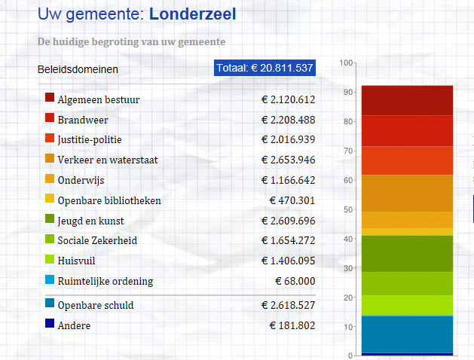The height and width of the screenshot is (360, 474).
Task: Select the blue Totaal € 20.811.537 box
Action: pyautogui.click(x=265, y=69)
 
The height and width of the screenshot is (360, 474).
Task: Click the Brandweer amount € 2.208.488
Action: pyautogui.click(x=288, y=120)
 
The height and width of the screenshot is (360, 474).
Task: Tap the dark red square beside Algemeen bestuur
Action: pyautogui.click(x=50, y=98)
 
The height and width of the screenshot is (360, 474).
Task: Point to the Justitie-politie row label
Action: pyautogui.click(x=89, y=139)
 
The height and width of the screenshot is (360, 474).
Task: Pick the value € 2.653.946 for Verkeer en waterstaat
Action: pyautogui.click(x=288, y=160)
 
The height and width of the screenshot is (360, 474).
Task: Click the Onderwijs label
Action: pyautogui.click(x=81, y=180)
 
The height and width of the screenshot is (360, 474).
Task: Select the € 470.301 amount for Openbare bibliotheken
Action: pyautogui.click(x=292, y=200)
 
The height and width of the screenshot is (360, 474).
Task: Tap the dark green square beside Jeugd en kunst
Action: pyautogui.click(x=50, y=219)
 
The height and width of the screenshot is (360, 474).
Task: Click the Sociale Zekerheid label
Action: pyautogui.click(x=97, y=241)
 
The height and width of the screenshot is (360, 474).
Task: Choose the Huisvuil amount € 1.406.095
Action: pyautogui.click(x=288, y=261)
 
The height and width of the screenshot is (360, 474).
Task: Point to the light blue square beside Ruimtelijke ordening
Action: pyautogui.click(x=50, y=279)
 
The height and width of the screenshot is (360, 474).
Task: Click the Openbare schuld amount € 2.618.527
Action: pyautogui.click(x=288, y=304)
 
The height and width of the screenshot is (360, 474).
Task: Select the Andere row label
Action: pyautogui.click(x=73, y=325)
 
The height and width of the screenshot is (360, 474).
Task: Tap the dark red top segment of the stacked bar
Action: pyautogui.click(x=407, y=100)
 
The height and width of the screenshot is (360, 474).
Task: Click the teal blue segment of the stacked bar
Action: pyautogui.click(x=407, y=334)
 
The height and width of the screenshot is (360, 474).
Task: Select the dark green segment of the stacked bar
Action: pyautogui.click(x=407, y=253)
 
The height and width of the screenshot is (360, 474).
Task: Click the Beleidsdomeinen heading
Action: pyautogui.click(x=78, y=70)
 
